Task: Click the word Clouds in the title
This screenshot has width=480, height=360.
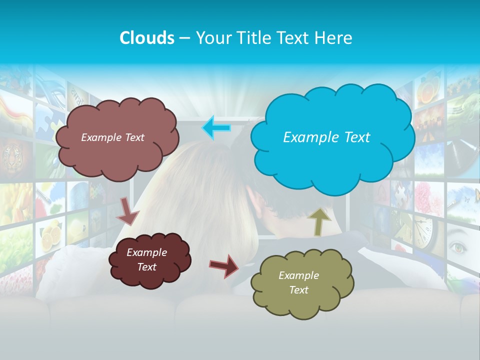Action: click(147, 38)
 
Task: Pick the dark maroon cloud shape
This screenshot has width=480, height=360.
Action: click(149, 260)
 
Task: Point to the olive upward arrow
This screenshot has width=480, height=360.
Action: click(319, 222)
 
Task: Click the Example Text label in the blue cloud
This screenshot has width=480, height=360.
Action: click(326, 137)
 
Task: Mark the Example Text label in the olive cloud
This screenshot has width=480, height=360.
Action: click(298, 282)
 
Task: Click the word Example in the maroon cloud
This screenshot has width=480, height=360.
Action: click(146, 252)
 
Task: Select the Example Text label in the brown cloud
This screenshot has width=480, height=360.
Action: click(112, 137)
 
